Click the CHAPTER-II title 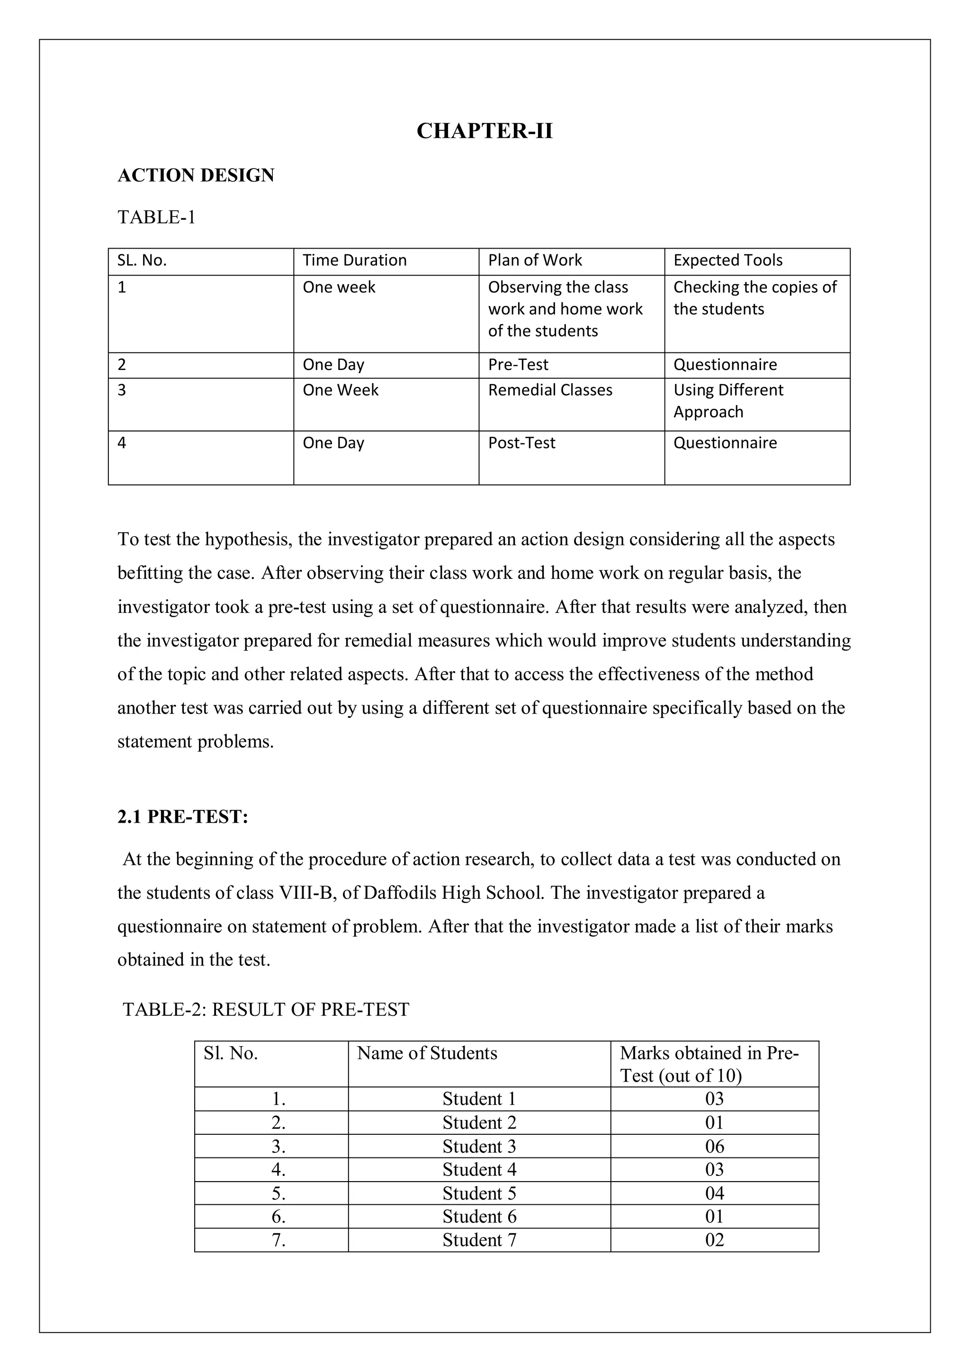point(484,131)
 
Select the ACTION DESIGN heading point(196,175)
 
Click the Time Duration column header point(354,260)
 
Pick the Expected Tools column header point(727,260)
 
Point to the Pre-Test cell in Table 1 point(518,365)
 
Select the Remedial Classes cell point(550,390)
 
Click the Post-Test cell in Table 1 point(521,443)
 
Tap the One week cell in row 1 point(339,287)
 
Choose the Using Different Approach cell point(727,401)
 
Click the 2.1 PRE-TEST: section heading point(182,816)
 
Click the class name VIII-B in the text point(305,893)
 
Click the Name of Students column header point(427,1053)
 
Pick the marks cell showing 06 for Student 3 point(714,1146)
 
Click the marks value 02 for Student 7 point(714,1240)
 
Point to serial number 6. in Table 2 point(278,1217)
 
